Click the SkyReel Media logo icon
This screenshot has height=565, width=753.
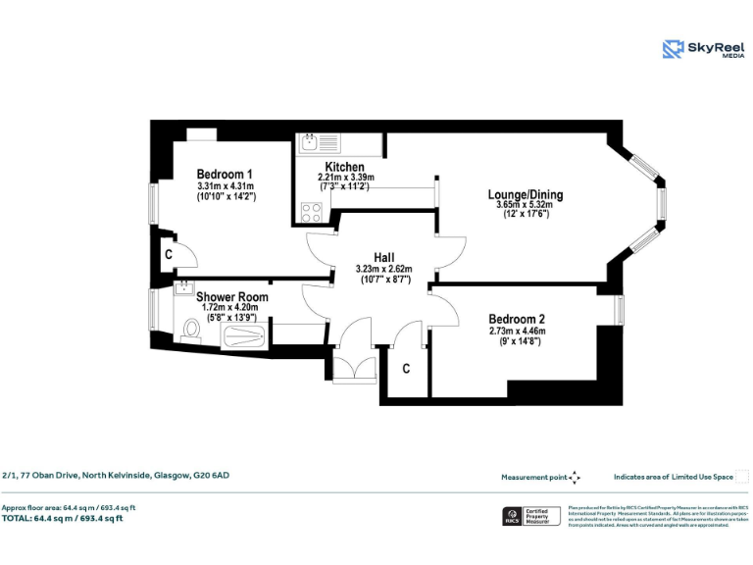(673, 48)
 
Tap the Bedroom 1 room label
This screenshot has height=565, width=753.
(225, 174)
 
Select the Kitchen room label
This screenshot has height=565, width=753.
(345, 168)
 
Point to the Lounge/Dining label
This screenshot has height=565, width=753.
(526, 194)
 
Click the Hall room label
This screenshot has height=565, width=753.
(383, 257)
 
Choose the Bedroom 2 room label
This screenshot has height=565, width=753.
(517, 319)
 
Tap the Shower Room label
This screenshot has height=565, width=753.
(231, 297)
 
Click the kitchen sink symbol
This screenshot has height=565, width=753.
(320, 142)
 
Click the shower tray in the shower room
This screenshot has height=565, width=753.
(243, 337)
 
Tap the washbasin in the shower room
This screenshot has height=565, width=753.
(183, 289)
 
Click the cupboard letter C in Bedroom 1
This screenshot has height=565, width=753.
(170, 254)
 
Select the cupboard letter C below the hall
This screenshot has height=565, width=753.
(406, 369)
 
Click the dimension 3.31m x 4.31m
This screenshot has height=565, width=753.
(225, 185)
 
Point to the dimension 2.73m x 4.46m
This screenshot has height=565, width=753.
(517, 331)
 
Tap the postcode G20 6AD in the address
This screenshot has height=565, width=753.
(213, 475)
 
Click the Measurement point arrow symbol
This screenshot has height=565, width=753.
(576, 477)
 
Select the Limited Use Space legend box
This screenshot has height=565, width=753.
(742, 477)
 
